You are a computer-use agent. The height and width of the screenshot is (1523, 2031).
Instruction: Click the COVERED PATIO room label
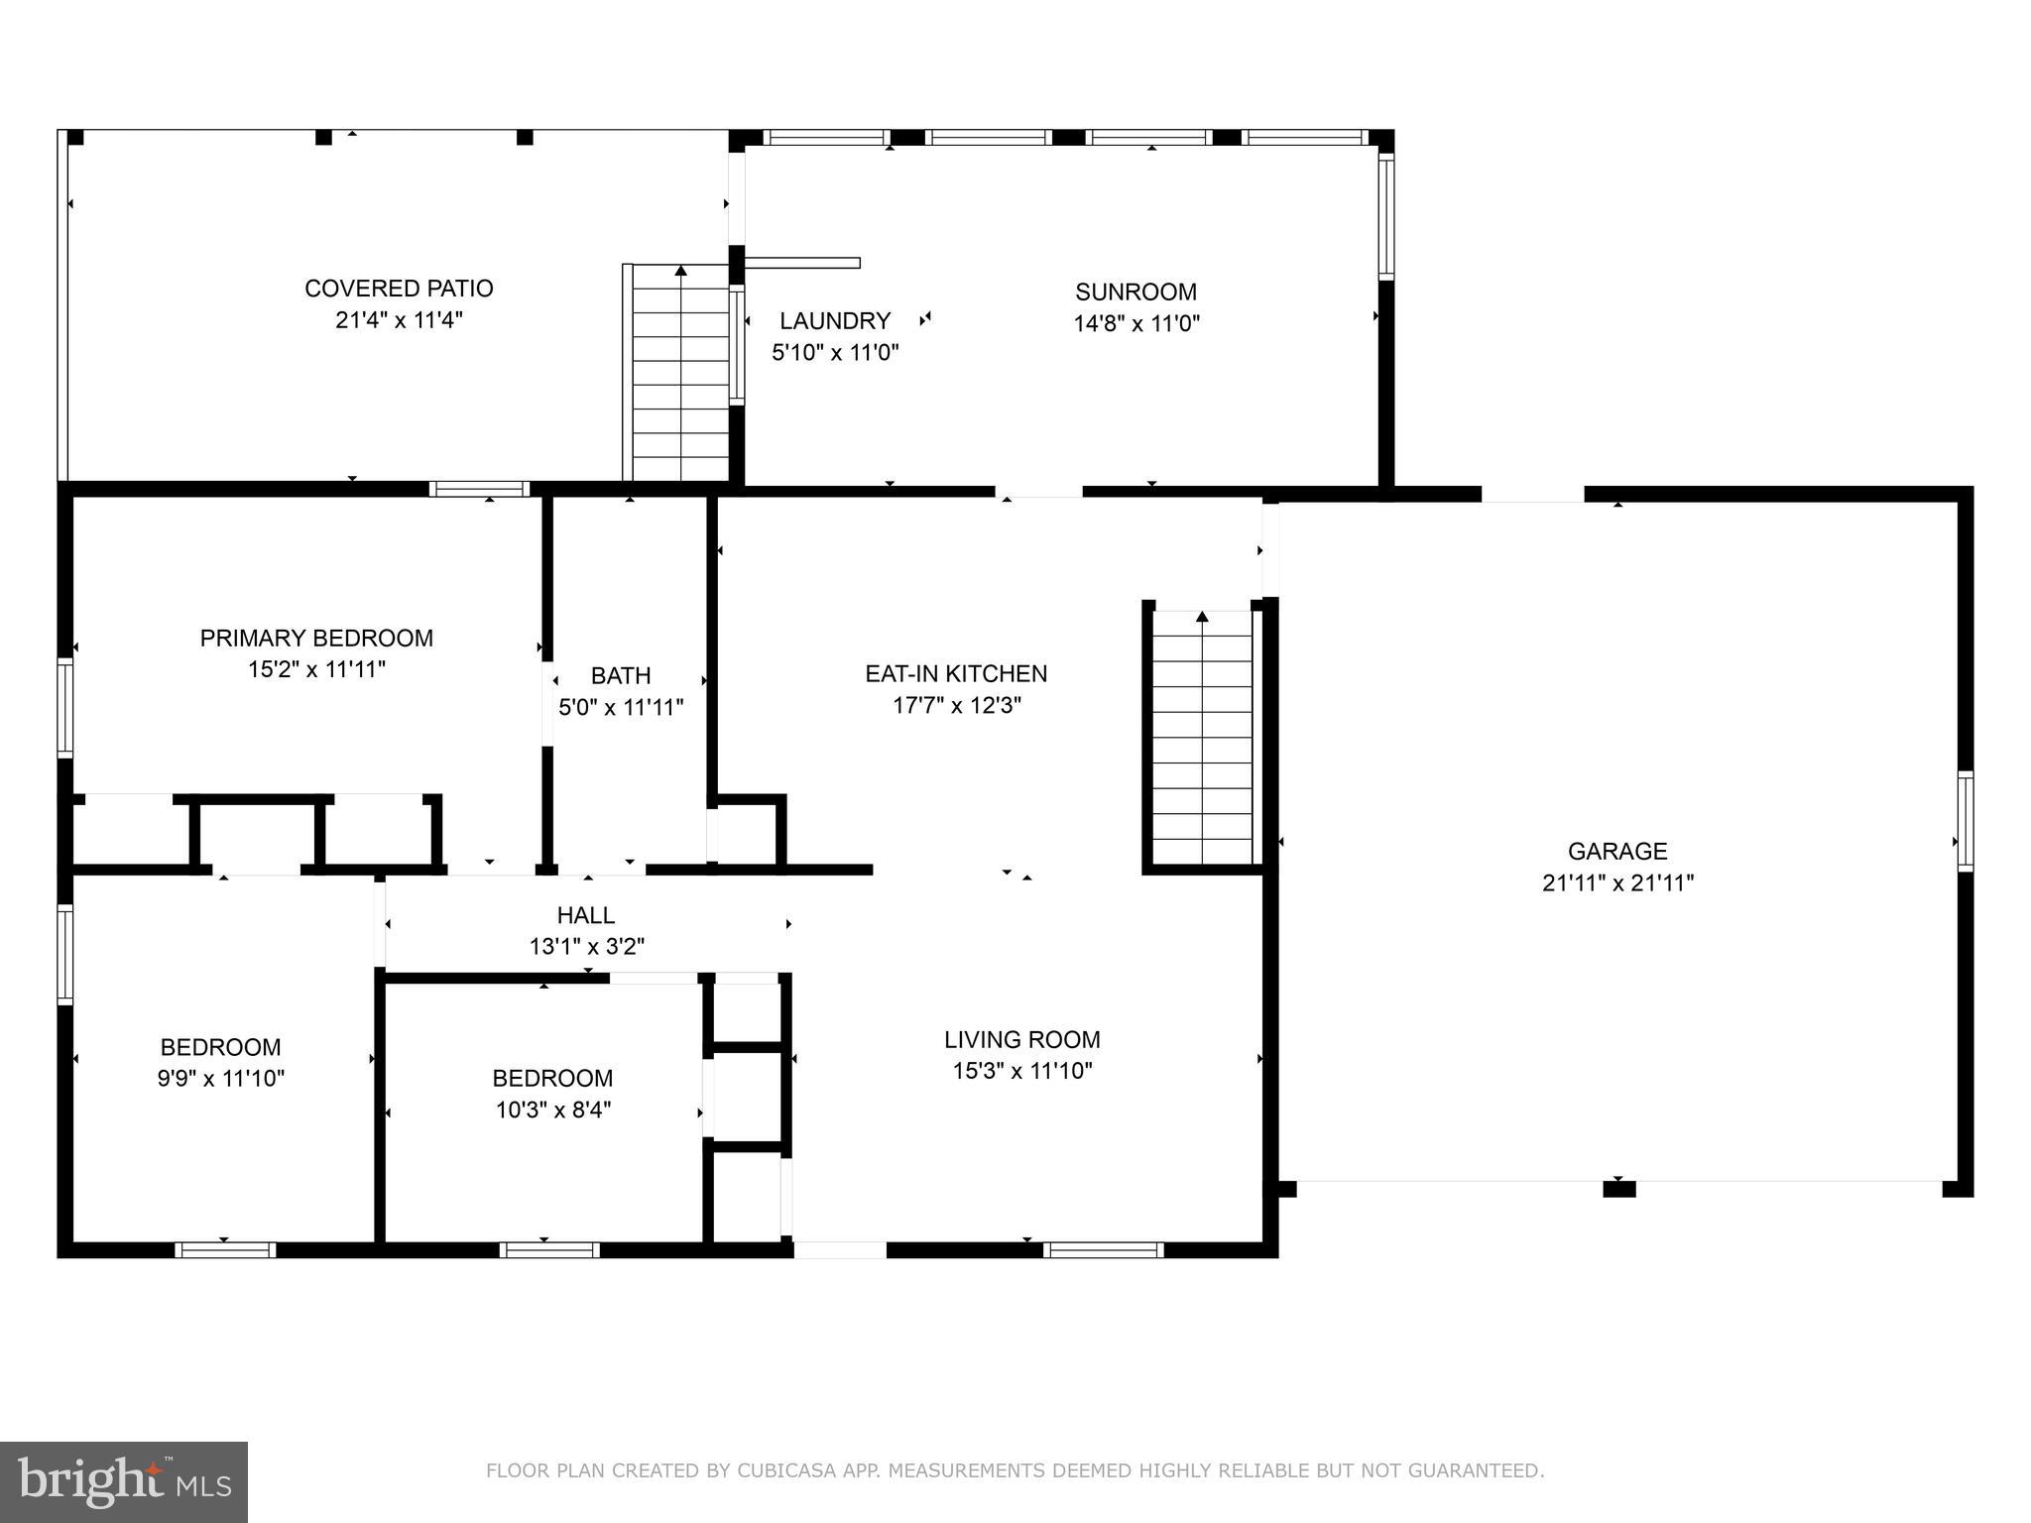coord(399,289)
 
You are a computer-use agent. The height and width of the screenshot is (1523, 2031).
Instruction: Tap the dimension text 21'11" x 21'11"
coord(1617,882)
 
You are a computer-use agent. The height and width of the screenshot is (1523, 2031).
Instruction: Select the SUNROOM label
coord(1135,292)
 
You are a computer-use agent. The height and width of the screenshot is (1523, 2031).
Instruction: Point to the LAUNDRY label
coord(835,320)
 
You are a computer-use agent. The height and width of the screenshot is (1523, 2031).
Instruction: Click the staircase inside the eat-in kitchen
coord(1202,738)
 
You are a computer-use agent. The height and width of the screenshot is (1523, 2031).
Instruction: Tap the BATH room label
coord(621,675)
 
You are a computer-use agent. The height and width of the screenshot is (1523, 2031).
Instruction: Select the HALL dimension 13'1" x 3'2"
coord(586,946)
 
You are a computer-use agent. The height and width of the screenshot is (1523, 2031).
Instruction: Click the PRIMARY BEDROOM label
coord(316,638)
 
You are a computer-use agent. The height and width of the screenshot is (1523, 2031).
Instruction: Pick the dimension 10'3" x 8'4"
coord(552,1109)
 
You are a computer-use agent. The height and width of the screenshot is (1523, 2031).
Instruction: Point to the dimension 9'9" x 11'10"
coord(220,1078)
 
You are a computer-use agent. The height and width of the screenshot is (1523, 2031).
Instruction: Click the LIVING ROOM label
coord(1021,1039)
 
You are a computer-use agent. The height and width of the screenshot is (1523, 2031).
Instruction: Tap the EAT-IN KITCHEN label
coord(956,673)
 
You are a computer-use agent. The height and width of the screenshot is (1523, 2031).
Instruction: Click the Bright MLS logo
coord(124,1481)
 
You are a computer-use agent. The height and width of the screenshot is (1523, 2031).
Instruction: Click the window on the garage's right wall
coord(1965,821)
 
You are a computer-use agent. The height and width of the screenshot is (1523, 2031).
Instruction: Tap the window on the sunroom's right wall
coord(1386,215)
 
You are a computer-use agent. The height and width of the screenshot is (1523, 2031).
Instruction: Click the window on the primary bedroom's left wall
coord(65,708)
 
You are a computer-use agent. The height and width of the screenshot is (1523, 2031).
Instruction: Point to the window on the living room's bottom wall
coord(1102,1250)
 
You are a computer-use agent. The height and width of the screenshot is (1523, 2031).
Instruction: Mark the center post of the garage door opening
coord(1618,1189)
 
